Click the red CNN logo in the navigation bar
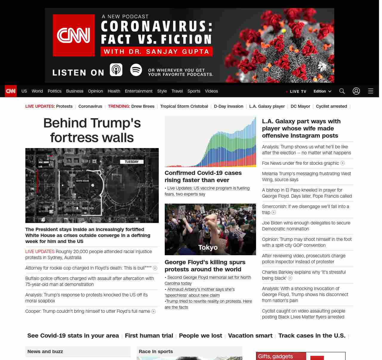(x=11, y=91)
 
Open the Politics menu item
(x=54, y=91)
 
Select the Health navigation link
(x=114, y=91)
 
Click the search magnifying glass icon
(x=342, y=91)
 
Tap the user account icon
(x=356, y=91)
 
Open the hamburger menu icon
(x=370, y=91)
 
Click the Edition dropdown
(x=322, y=91)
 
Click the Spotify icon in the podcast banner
(x=136, y=70)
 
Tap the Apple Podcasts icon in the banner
(x=116, y=70)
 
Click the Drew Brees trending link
(x=143, y=106)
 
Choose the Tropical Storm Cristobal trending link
(x=184, y=106)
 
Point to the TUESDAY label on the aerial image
(x=132, y=161)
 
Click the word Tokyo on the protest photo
(x=208, y=247)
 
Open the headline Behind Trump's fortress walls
(x=92, y=130)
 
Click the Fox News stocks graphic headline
(x=301, y=163)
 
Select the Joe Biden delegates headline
(x=306, y=226)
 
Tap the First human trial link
(x=149, y=336)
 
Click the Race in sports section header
(x=156, y=351)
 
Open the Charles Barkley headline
(x=304, y=275)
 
